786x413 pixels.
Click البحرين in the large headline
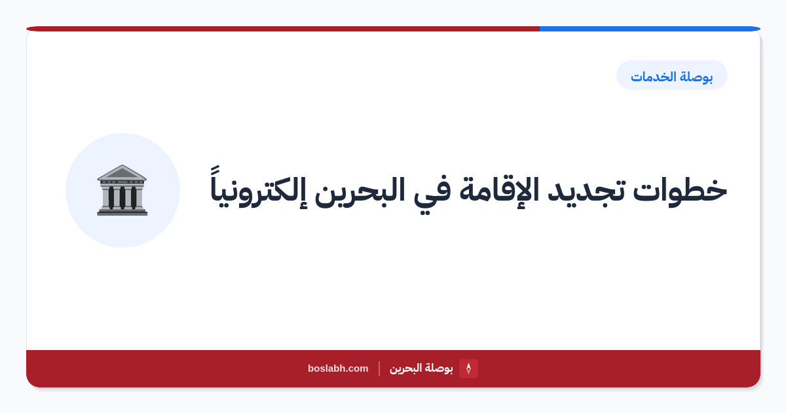[360, 191]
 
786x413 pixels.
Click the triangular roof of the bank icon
[122, 172]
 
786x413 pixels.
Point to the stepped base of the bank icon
[122, 211]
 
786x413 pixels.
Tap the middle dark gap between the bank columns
[122, 197]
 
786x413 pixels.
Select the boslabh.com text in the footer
[338, 368]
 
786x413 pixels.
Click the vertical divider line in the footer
[379, 368]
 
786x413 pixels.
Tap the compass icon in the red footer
[468, 368]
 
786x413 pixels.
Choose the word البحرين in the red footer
[405, 368]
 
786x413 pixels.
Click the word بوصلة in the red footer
[439, 368]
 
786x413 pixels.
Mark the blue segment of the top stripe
[650, 29]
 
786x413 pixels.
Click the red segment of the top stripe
[283, 29]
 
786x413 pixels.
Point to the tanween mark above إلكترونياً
[215, 170]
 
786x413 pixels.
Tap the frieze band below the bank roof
[122, 183]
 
